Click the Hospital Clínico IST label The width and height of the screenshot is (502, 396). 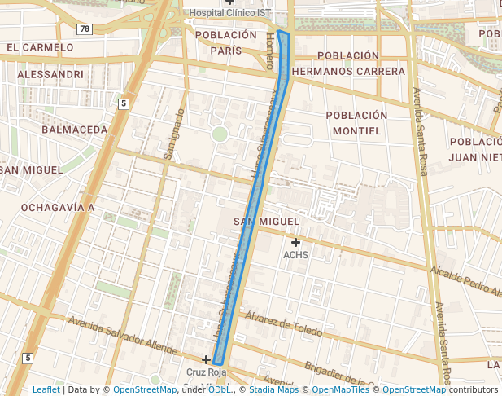tap(230, 13)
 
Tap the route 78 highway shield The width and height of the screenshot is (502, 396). tap(85, 29)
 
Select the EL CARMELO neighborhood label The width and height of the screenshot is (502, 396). tap(40, 48)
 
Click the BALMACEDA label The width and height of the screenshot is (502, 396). tap(74, 130)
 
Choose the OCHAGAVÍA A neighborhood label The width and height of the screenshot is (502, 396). tap(58, 208)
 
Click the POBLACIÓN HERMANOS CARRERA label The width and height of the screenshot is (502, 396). tap(348, 64)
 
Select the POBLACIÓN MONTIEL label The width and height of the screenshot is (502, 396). tap(356, 123)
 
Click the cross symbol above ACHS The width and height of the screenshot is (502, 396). tap(295, 242)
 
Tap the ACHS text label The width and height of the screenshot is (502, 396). tap(295, 255)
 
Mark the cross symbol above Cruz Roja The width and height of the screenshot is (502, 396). tap(207, 359)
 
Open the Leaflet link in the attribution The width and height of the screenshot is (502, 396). tap(46, 390)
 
